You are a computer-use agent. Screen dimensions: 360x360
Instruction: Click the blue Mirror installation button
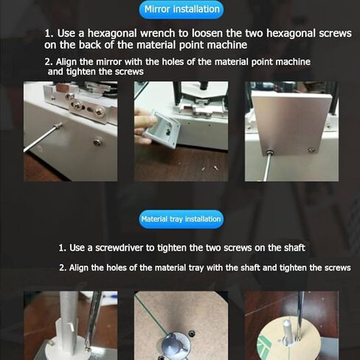181,10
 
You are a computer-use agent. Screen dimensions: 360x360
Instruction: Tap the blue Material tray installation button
181,219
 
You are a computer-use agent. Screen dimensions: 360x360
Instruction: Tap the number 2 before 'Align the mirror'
49,62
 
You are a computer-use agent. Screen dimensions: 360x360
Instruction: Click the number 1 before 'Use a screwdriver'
62,248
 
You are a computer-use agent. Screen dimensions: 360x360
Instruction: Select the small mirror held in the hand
163,129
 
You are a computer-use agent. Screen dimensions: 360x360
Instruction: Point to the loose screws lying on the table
210,168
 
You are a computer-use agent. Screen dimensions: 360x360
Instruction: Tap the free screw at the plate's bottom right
311,150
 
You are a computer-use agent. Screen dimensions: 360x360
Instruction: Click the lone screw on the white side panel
97,142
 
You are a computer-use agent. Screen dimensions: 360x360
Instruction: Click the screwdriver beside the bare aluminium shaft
93,319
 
